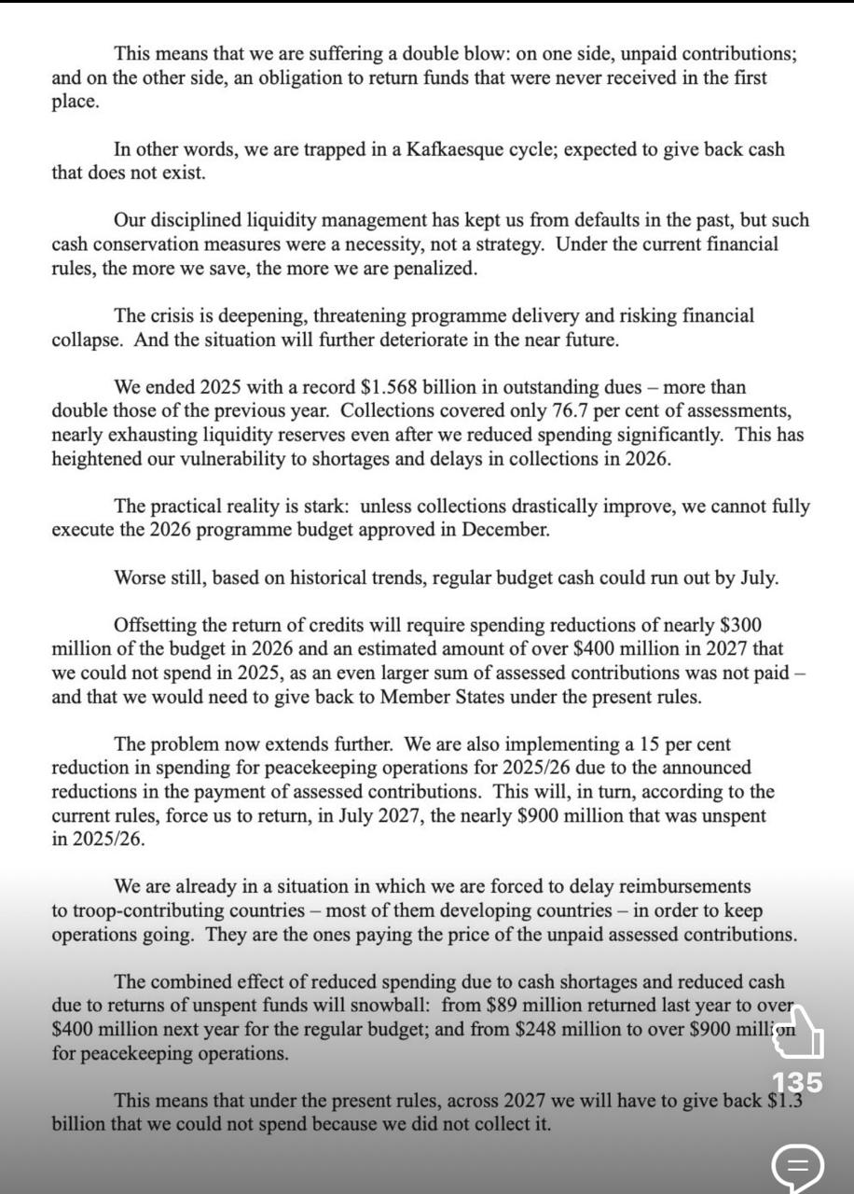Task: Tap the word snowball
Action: click(391, 1007)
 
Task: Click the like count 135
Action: click(797, 1082)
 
